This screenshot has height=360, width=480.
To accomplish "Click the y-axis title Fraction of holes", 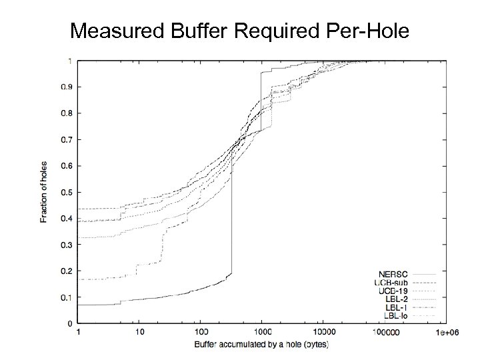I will click(44, 192).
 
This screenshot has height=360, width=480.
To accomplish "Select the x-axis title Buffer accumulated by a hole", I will click(261, 344).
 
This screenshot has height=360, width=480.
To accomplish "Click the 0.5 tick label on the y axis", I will click(67, 192).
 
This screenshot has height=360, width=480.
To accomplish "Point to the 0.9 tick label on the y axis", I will click(67, 87).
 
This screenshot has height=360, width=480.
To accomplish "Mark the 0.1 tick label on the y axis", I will click(67, 297).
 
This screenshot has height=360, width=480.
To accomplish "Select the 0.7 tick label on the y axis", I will click(67, 139).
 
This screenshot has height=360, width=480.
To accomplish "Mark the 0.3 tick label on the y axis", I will click(67, 245).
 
